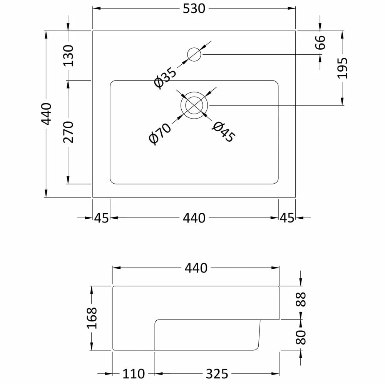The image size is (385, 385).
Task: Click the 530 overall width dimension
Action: point(194,8)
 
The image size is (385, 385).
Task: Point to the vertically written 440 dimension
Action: point(46,114)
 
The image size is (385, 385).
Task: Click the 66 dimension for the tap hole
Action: point(320,42)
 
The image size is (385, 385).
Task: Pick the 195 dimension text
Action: point(342,68)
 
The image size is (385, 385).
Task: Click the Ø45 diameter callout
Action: point(223,132)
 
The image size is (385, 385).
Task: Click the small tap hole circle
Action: point(194,55)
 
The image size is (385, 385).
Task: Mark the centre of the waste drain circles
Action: point(194,105)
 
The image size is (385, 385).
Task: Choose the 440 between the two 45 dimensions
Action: point(194,218)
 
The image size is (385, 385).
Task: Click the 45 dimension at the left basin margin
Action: point(102,218)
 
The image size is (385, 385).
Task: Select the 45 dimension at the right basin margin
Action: point(287,218)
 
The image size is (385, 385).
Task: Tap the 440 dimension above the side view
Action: point(196,268)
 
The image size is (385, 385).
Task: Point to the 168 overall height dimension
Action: point(92,318)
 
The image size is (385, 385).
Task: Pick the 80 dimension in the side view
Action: point(301,337)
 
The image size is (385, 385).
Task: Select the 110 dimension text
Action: point(134,373)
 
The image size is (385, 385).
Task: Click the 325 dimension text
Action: point(217,373)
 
